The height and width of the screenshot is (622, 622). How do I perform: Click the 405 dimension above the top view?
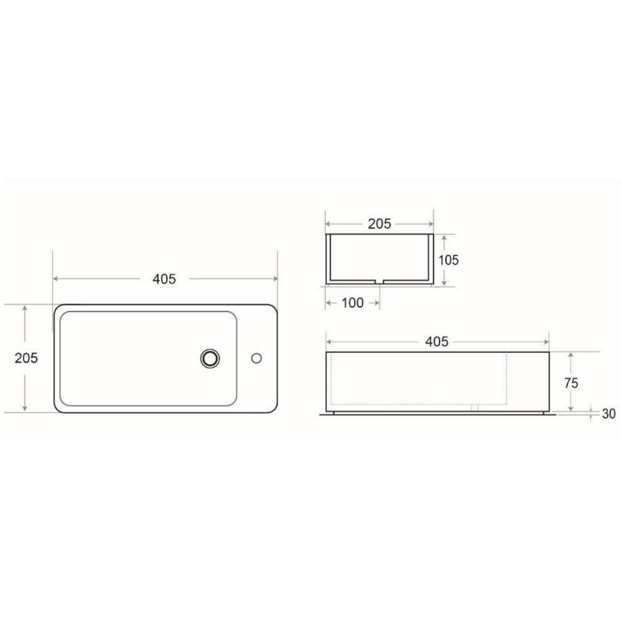pyautogui.click(x=164, y=279)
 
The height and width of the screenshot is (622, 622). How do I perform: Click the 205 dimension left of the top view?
pyautogui.click(x=26, y=358)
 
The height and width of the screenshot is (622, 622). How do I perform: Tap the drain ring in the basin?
pyautogui.click(x=210, y=358)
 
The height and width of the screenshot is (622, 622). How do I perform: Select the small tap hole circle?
pyautogui.click(x=256, y=358)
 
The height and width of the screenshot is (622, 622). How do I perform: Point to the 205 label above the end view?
pyautogui.click(x=379, y=224)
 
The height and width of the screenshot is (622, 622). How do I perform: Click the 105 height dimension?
pyautogui.click(x=448, y=260)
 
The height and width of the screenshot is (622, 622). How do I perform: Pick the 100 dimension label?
pyautogui.click(x=352, y=303)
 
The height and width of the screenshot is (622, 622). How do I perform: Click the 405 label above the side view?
pyautogui.click(x=436, y=341)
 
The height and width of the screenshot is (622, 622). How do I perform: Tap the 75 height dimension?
pyautogui.click(x=571, y=383)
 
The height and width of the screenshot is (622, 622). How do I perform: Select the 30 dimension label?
pyautogui.click(x=608, y=414)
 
